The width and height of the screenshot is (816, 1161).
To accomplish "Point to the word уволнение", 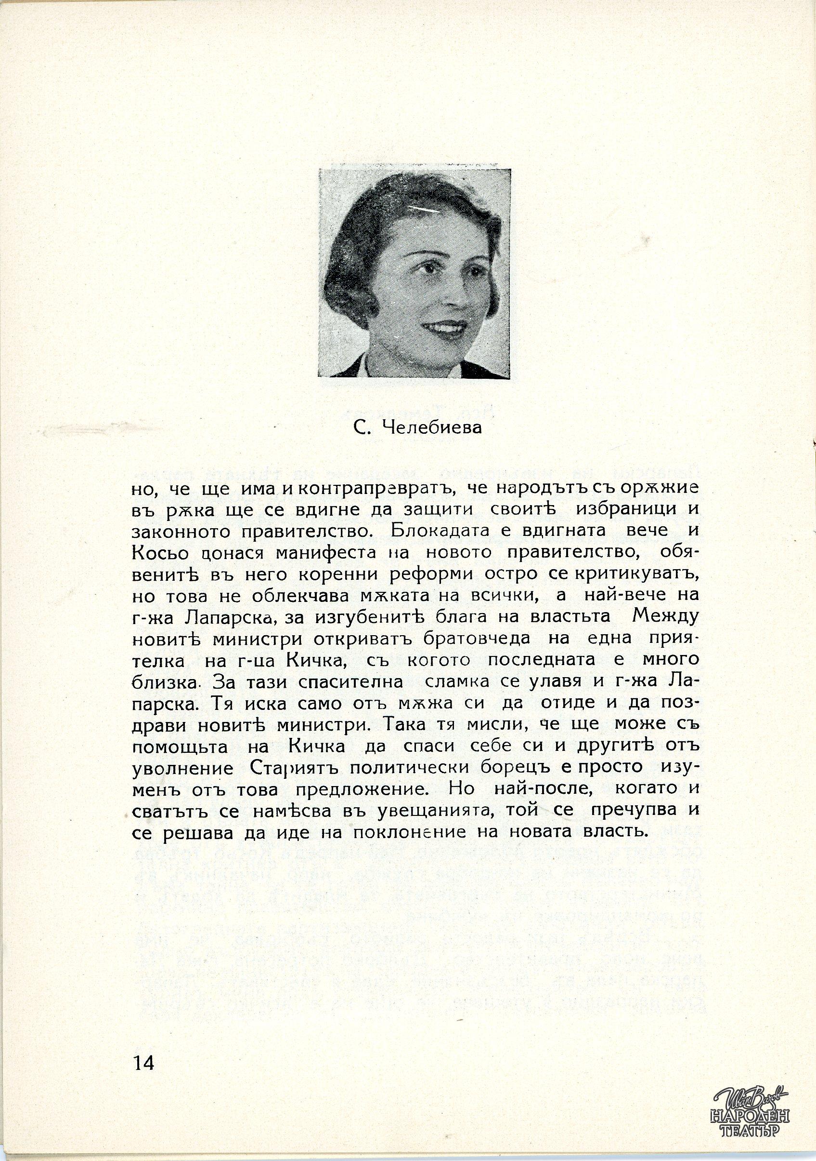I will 182,768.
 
